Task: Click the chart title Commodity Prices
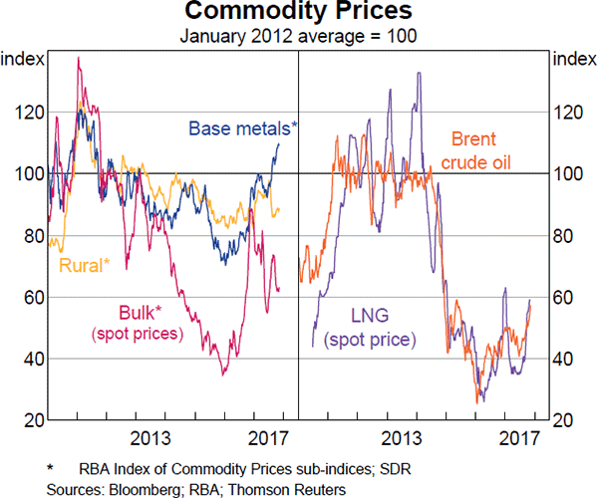point(299,14)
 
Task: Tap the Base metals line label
point(243,128)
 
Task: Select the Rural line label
point(85,264)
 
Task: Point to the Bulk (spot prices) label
point(138,323)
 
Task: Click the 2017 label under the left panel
point(267,439)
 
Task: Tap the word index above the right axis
point(573,60)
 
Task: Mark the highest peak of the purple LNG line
point(419,73)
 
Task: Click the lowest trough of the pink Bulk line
point(224,374)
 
